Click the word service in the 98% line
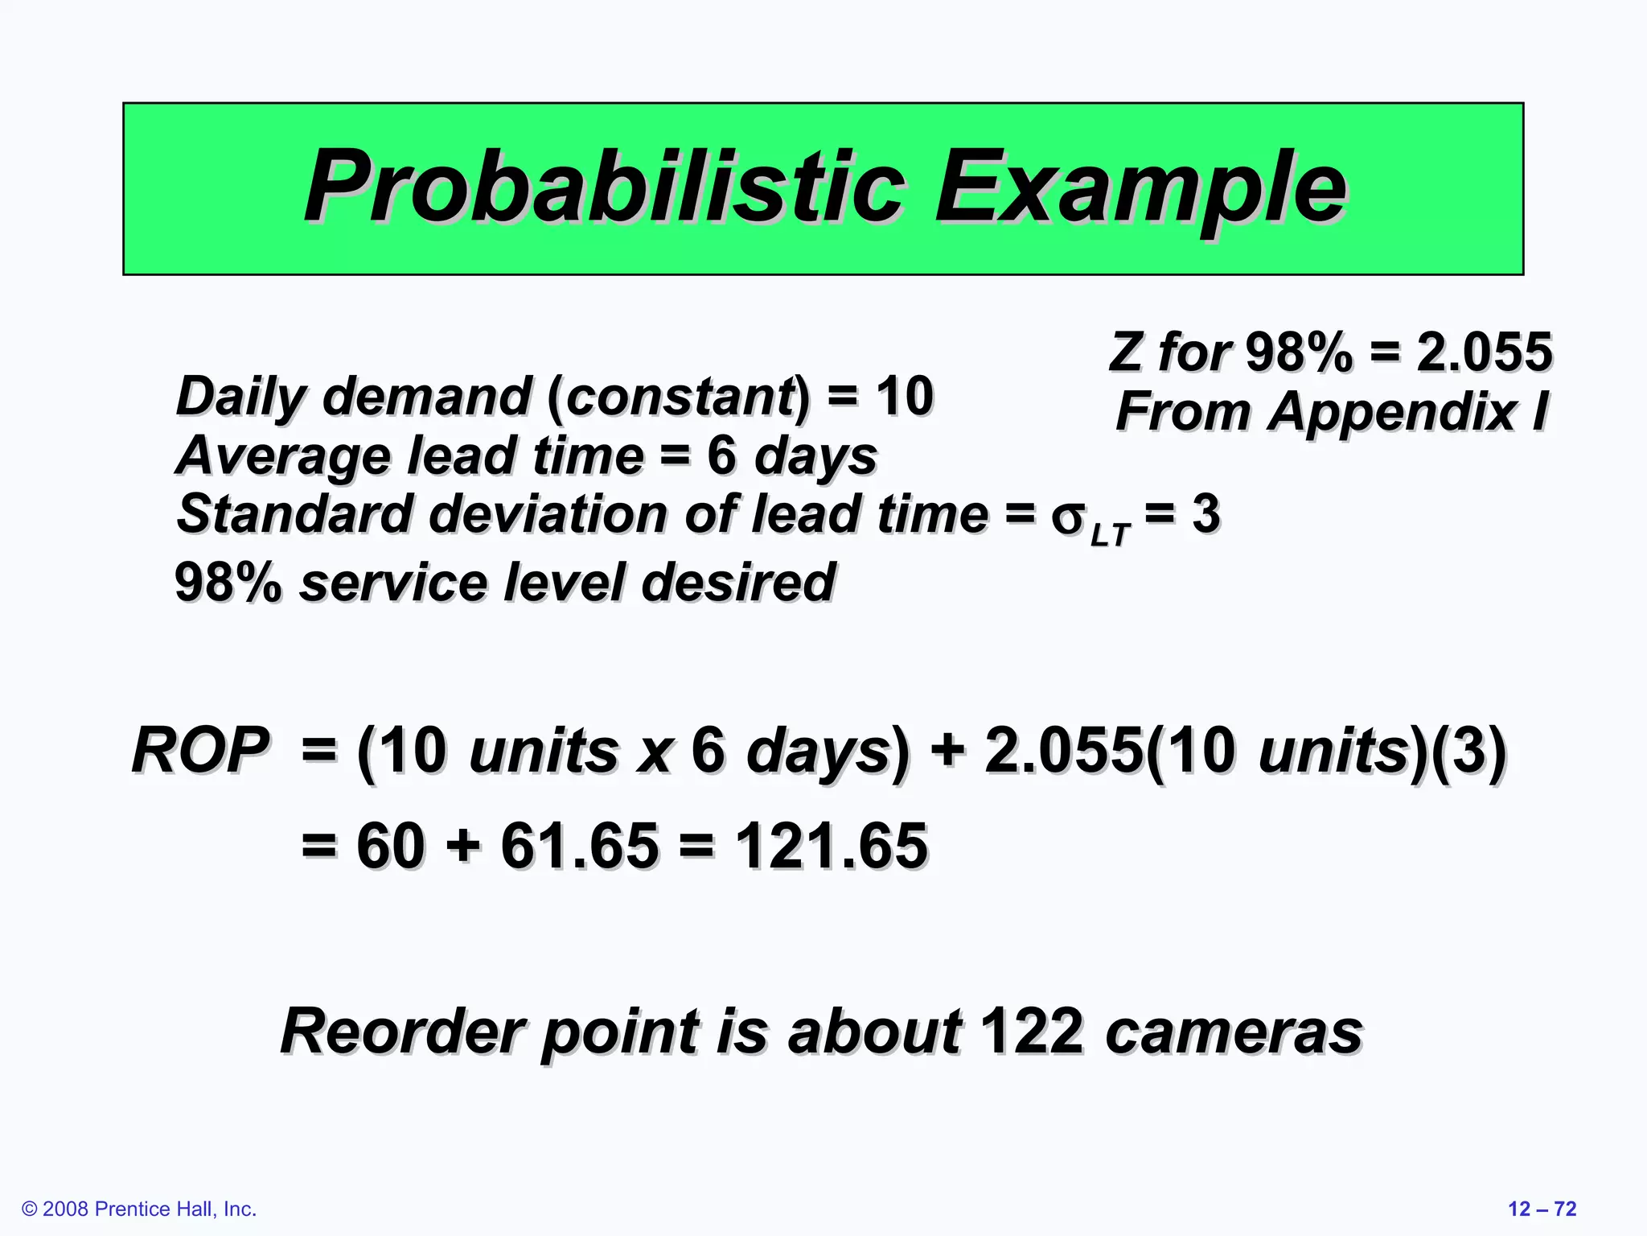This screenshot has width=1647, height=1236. click(x=393, y=583)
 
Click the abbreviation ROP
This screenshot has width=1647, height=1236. click(x=200, y=750)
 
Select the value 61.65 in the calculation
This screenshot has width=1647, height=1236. click(x=579, y=846)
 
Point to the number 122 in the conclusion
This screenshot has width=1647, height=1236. click(x=1031, y=1031)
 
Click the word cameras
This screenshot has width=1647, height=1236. click(x=1234, y=1032)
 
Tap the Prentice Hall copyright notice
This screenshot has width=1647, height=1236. click(x=139, y=1209)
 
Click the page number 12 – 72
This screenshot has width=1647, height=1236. click(x=1542, y=1209)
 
